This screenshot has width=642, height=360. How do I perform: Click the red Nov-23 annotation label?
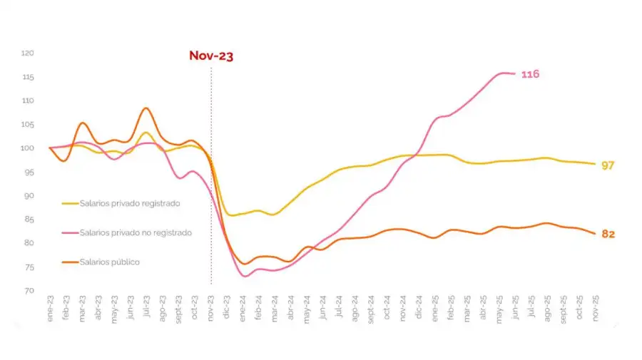pyautogui.click(x=211, y=56)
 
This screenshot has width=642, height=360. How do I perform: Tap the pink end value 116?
pyautogui.click(x=530, y=75)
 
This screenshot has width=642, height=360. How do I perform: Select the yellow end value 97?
pyautogui.click(x=608, y=165)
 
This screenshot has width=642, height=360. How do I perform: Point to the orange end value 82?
pyautogui.click(x=608, y=234)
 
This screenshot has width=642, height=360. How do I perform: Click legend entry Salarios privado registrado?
pyautogui.click(x=129, y=203)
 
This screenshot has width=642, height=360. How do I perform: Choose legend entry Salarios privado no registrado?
pyautogui.click(x=136, y=232)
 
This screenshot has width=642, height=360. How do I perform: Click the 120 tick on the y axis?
pyautogui.click(x=28, y=53)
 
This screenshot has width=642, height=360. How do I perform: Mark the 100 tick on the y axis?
pyautogui.click(x=28, y=148)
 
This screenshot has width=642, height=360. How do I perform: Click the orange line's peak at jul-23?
pyautogui.click(x=146, y=108)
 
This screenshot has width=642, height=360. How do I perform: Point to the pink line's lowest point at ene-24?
pyautogui.click(x=245, y=276)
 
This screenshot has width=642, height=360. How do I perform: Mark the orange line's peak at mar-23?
pyautogui.click(x=82, y=123)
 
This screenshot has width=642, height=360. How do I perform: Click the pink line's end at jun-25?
pyautogui.click(x=515, y=73)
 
